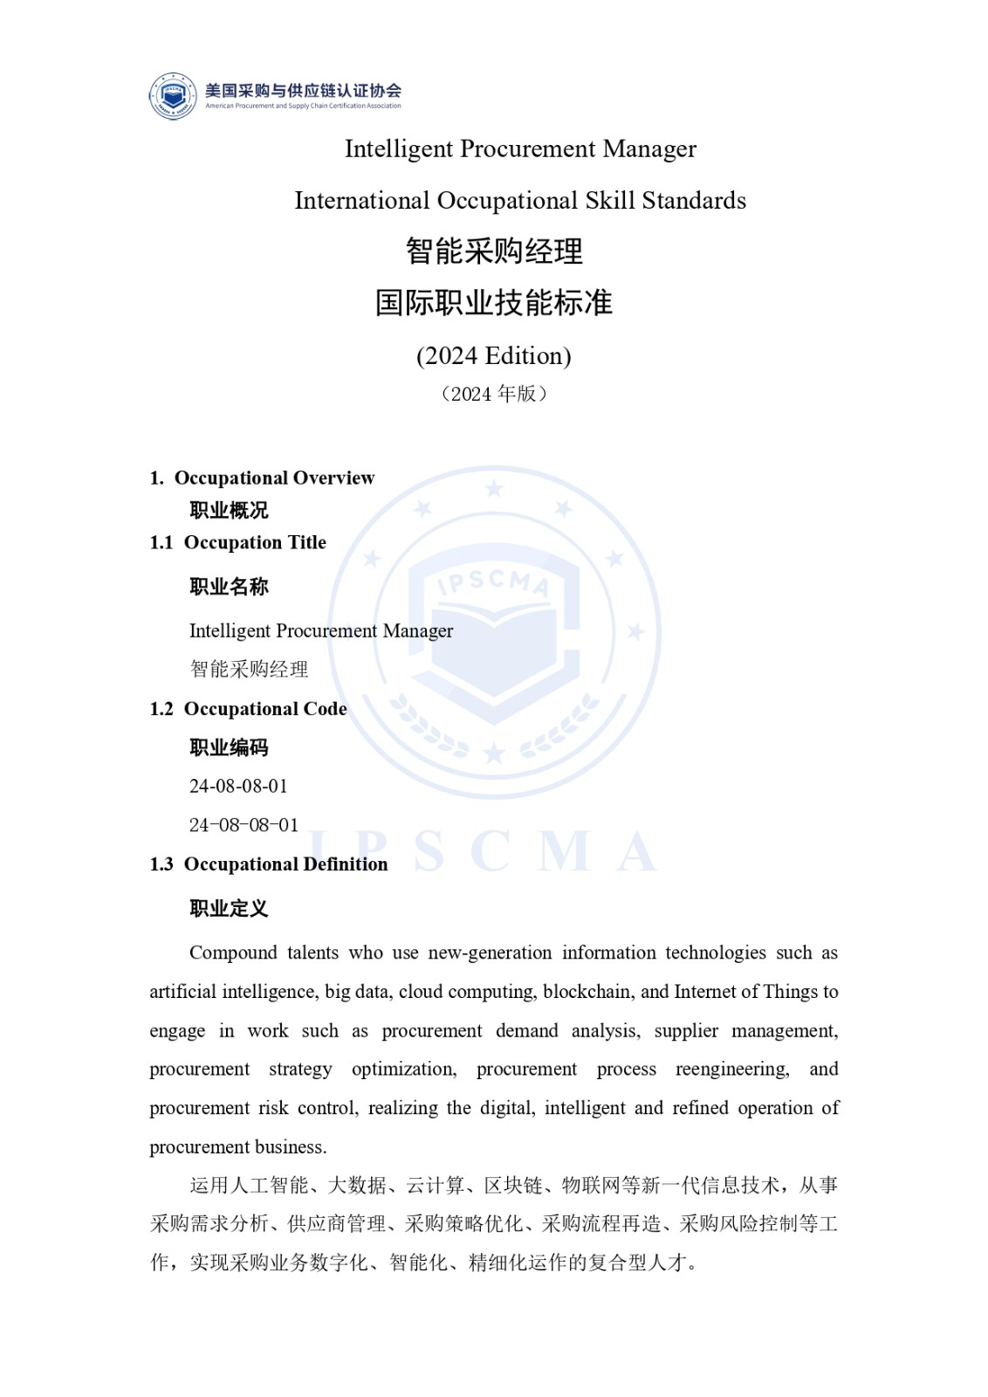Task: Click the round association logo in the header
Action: (x=173, y=95)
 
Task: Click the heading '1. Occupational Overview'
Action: (x=262, y=478)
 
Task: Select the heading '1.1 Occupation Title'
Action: (x=238, y=542)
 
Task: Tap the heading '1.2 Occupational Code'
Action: (x=249, y=709)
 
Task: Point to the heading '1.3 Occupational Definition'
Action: (x=269, y=864)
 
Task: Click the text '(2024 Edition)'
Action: (x=494, y=356)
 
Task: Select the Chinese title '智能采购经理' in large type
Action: (x=494, y=251)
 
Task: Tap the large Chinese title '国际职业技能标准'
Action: (x=494, y=303)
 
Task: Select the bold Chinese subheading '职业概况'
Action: (x=229, y=510)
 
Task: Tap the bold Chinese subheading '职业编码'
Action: (x=229, y=747)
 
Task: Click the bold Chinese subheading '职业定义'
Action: (x=229, y=908)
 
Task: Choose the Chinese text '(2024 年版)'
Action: (x=494, y=394)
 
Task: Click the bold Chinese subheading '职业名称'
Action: (x=229, y=587)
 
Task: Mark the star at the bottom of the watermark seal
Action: (x=494, y=753)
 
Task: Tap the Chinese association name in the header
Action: (x=303, y=90)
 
